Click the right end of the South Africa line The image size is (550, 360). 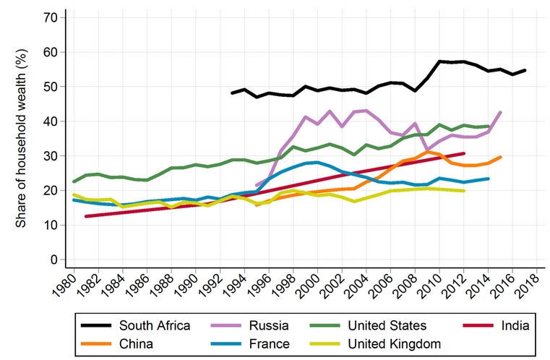point(525,70)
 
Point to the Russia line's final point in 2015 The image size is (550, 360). point(501,112)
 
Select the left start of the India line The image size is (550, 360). point(86,216)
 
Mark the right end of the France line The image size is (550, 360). point(489,179)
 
